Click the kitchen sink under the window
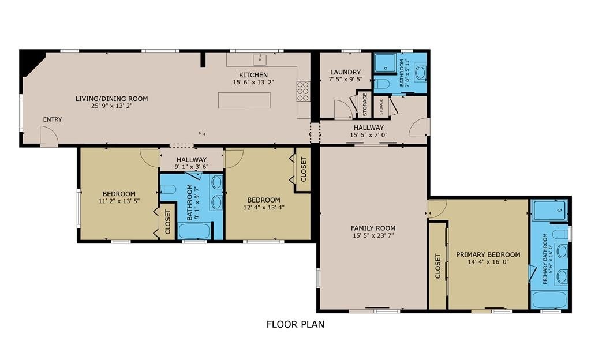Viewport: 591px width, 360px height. pos(260,59)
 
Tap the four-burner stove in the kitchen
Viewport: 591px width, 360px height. pos(303,91)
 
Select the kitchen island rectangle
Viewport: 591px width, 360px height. pos(244,100)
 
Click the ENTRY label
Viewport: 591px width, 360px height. pos(53,119)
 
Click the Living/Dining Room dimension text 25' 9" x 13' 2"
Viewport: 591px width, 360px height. pos(111,106)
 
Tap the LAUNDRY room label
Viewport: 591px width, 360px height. pos(346,72)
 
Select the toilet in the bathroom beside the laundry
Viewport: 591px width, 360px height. pos(381,84)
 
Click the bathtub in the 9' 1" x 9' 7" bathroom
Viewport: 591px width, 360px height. pos(194,231)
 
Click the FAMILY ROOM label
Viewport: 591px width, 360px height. pos(373,228)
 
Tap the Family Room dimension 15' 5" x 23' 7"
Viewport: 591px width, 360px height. pos(373,236)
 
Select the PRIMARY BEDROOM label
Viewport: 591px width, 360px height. pos(488,254)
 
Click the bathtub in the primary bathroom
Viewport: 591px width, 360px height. pos(549,300)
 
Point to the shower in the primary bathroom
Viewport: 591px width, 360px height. pos(549,209)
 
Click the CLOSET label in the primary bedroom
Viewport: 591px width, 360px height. pos(438,266)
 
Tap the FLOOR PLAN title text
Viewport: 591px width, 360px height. pos(295,324)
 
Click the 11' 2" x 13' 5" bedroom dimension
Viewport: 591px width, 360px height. pos(119,201)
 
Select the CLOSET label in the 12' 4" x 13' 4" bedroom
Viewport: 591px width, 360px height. pos(304,169)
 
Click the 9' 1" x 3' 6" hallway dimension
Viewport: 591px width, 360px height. pos(192,167)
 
